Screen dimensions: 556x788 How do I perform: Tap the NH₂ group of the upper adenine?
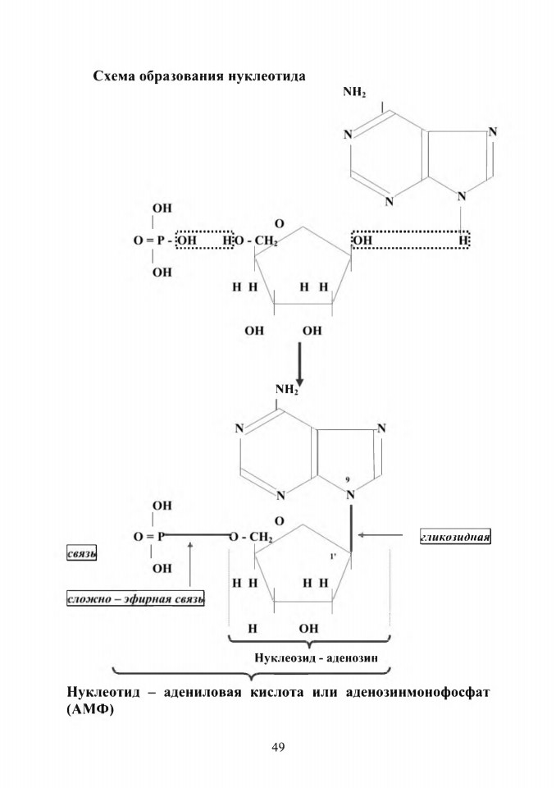pyautogui.click(x=354, y=93)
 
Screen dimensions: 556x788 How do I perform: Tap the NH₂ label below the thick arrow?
pyautogui.click(x=287, y=389)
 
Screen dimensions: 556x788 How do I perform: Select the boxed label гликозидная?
pyautogui.click(x=455, y=537)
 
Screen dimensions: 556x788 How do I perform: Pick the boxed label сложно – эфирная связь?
pyautogui.click(x=135, y=599)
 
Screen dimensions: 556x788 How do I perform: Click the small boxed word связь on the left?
pyautogui.click(x=81, y=554)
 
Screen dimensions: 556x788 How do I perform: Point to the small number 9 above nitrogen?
pyautogui.click(x=348, y=480)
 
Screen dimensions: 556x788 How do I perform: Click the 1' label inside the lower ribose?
pyautogui.click(x=333, y=557)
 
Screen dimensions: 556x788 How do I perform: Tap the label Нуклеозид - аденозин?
pyautogui.click(x=316, y=657)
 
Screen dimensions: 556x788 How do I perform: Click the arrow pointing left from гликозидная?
pyautogui.click(x=381, y=536)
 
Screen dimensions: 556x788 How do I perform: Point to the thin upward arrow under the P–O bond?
pyautogui.click(x=190, y=563)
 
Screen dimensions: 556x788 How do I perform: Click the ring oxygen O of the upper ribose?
pyautogui.click(x=280, y=223)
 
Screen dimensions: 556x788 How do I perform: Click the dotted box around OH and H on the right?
pyautogui.click(x=410, y=239)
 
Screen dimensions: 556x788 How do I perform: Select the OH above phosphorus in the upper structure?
pyautogui.click(x=162, y=208)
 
